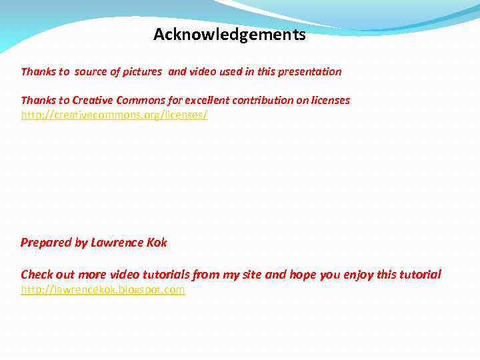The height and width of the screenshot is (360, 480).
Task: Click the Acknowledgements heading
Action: (229, 35)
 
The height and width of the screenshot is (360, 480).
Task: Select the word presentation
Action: (309, 71)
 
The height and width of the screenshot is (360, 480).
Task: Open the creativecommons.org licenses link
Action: (114, 115)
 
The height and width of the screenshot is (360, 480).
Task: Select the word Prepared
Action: (46, 243)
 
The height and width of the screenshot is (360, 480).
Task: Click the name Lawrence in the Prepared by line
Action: (117, 243)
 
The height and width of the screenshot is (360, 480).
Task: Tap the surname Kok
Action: (157, 243)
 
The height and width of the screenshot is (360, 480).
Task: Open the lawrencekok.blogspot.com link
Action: (103, 290)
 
